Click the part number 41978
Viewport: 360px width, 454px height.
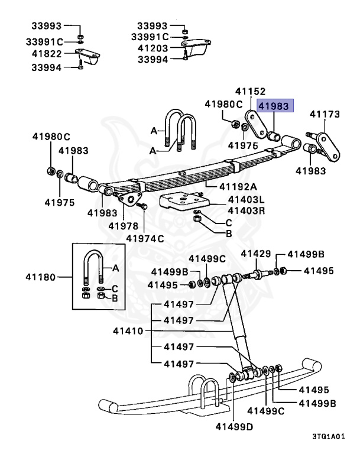click(123, 226)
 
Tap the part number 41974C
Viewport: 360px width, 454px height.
click(144, 238)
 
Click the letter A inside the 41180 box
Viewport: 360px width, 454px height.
click(115, 268)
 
